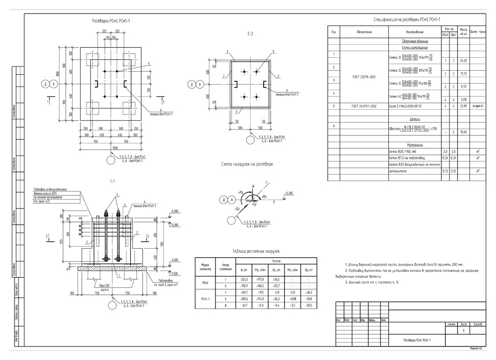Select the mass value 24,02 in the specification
tap(463, 61)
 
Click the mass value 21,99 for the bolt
tap(463, 106)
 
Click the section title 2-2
tap(251, 34)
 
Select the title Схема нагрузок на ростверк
tap(246, 164)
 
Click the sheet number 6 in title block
tap(463, 331)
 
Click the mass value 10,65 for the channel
tap(463, 131)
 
